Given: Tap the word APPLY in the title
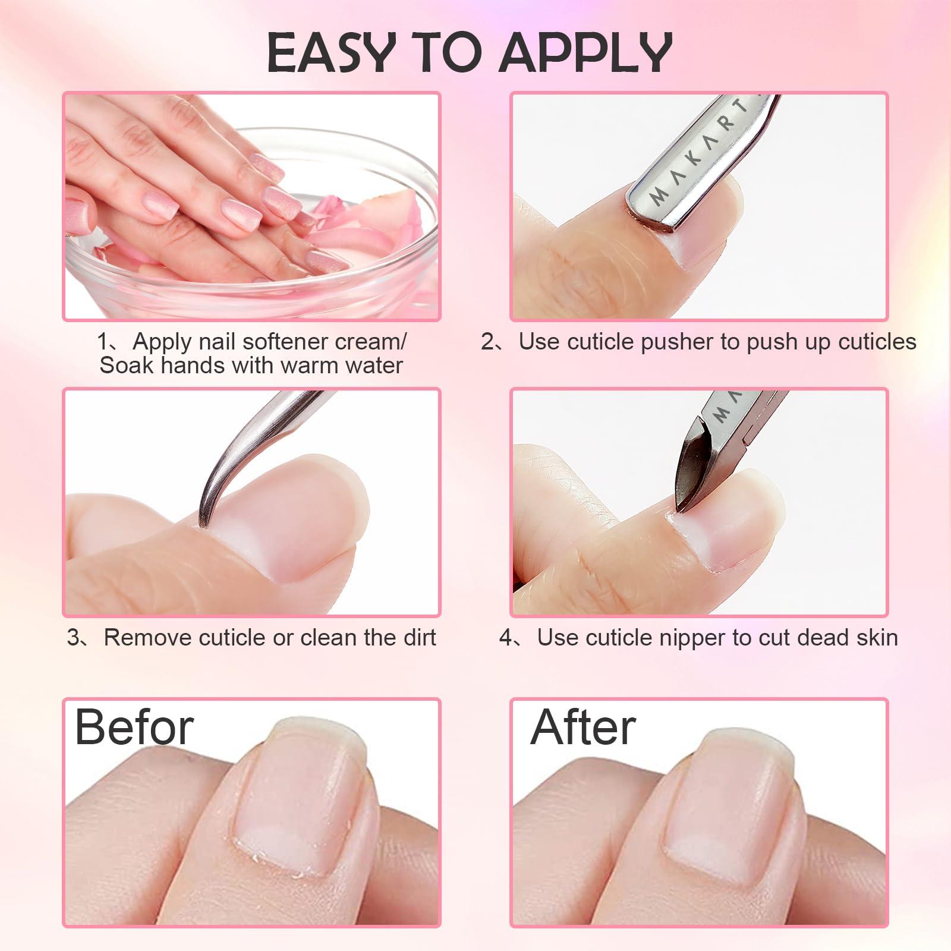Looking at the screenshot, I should pos(585,53).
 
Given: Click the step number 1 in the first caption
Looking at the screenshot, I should pos(103,342).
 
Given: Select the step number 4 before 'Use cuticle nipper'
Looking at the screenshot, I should pos(506,638).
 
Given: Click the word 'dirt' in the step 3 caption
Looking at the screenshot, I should pos(420,637).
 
